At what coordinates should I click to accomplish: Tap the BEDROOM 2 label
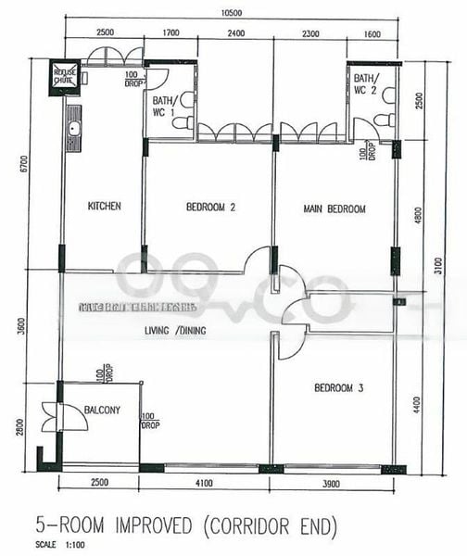point(210,208)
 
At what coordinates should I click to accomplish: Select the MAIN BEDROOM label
point(334,209)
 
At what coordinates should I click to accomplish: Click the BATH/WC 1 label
point(164,106)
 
